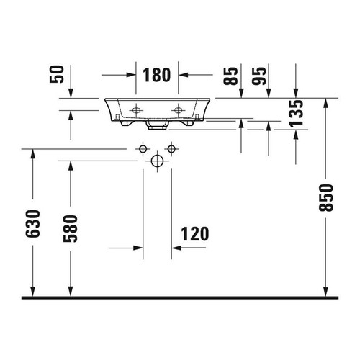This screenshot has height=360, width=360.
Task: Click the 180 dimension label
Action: tap(157, 75)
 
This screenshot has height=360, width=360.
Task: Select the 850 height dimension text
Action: tap(326, 198)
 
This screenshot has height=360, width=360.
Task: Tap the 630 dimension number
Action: tap(32, 224)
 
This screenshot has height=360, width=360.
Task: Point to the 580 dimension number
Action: tap(71, 228)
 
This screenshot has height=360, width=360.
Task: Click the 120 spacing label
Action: tap(195, 234)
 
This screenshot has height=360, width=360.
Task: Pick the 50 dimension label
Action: tap(57, 74)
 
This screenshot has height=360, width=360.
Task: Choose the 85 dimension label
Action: tap(230, 76)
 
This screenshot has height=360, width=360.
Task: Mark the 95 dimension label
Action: tap(259, 76)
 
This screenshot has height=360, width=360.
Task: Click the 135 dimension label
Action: tap(296, 113)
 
